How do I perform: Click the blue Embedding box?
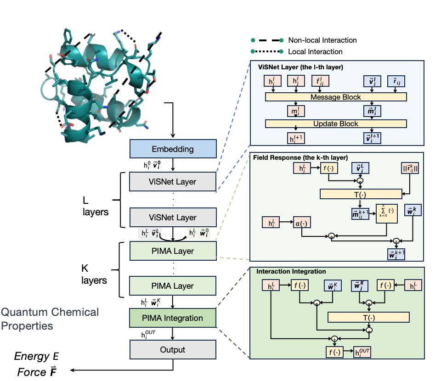click(173, 149)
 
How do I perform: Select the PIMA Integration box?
click(173, 318)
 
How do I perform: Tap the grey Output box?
click(173, 350)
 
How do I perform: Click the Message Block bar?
click(336, 97)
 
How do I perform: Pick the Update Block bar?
click(336, 123)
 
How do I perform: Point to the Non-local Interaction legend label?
click(322, 40)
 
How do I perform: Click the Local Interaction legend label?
click(315, 51)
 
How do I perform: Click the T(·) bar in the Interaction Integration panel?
click(368, 317)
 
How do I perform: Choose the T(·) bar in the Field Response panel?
click(361, 194)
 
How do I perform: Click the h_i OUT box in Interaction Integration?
click(362, 353)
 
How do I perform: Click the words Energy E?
click(36, 356)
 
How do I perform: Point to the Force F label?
click(36, 372)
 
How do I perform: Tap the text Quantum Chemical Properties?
click(50, 319)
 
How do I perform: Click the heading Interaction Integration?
click(292, 272)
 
